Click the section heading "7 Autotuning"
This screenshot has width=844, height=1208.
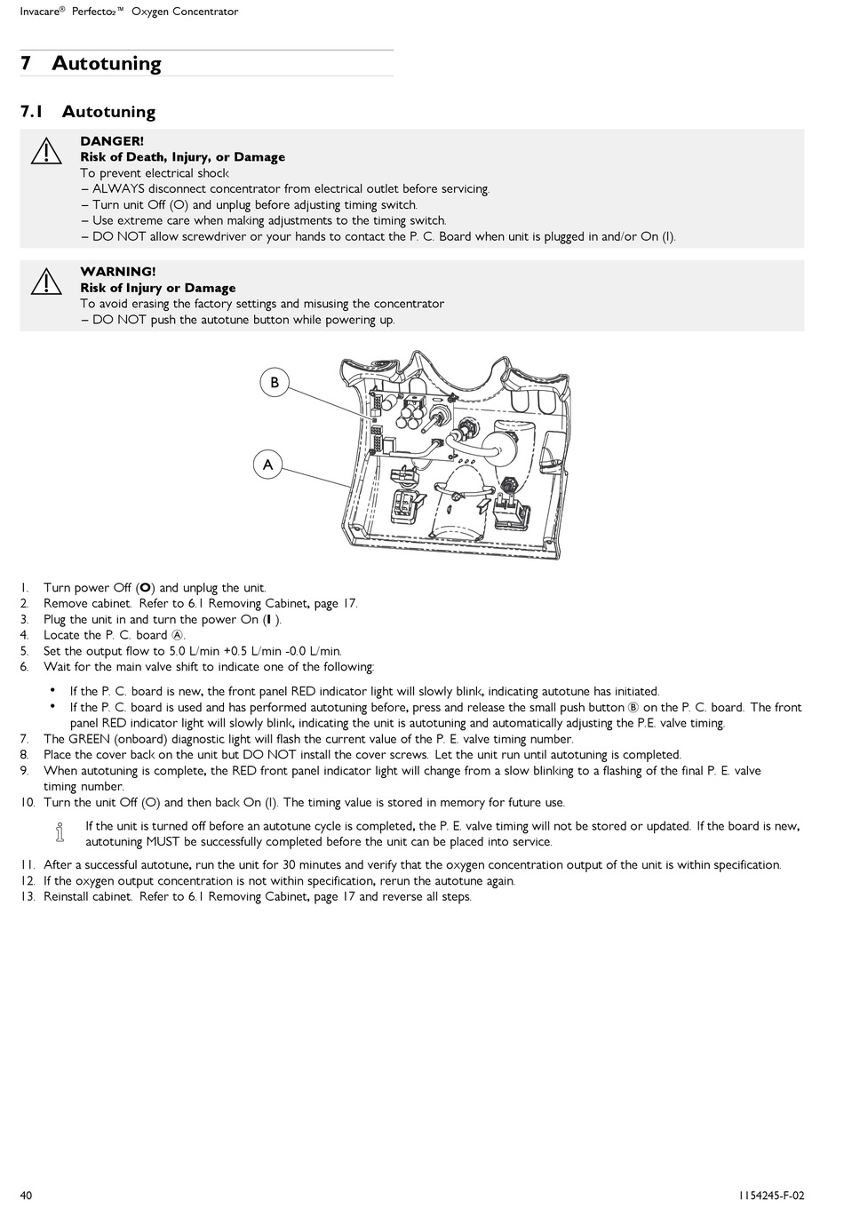pyautogui.click(x=91, y=63)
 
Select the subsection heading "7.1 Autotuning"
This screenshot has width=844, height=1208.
pyautogui.click(x=88, y=112)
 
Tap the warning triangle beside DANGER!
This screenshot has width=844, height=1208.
pyautogui.click(x=45, y=151)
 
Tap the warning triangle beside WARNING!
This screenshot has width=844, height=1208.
pyautogui.click(x=45, y=282)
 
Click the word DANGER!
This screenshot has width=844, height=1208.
pyautogui.click(x=112, y=141)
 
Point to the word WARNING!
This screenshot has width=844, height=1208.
pyautogui.click(x=117, y=272)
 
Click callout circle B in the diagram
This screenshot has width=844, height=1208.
pyautogui.click(x=275, y=382)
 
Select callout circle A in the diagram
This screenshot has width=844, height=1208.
pyautogui.click(x=268, y=465)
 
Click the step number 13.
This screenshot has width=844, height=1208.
pyautogui.click(x=27, y=896)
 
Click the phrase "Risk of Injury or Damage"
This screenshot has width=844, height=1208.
pyautogui.click(x=158, y=288)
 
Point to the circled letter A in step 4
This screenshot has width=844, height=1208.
pyautogui.click(x=177, y=635)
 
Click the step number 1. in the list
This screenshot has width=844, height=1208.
pyautogui.click(x=25, y=587)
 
